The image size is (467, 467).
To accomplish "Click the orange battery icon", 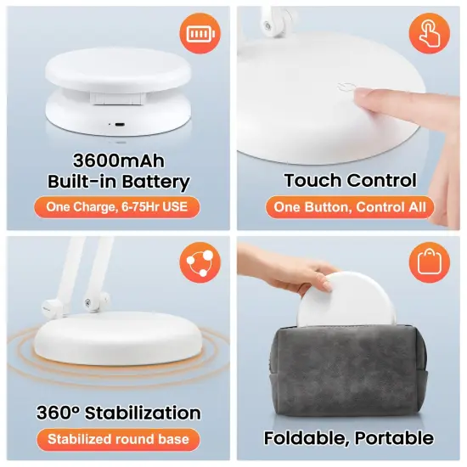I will (x=196, y=34).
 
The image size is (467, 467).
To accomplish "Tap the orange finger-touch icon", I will (x=428, y=34).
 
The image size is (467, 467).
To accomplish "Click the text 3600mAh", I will (x=118, y=160).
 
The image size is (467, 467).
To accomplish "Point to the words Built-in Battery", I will (x=118, y=182).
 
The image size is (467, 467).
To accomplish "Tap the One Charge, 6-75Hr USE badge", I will (x=118, y=207).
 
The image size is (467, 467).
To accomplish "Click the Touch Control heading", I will (x=350, y=180).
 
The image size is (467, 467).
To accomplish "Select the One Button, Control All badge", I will (x=350, y=207).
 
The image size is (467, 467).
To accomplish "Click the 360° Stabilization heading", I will (x=118, y=414).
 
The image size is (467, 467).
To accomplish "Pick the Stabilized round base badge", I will (x=118, y=439).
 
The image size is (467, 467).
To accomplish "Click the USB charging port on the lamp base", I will (x=118, y=123).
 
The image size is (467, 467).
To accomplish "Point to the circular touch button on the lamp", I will (x=346, y=88).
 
